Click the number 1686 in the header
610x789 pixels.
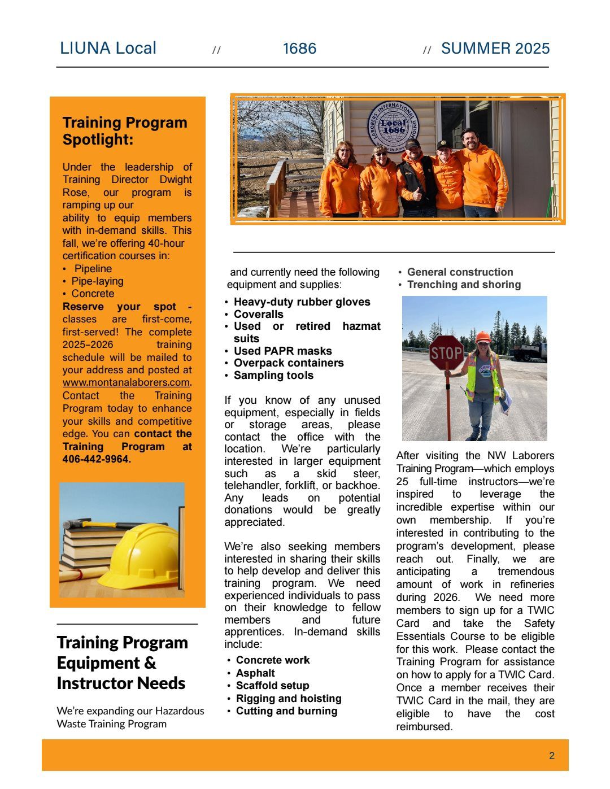click(x=299, y=49)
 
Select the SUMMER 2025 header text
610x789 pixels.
click(x=495, y=49)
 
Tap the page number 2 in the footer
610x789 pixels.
click(x=552, y=756)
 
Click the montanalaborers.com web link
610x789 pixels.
click(x=126, y=382)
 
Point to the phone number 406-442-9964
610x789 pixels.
click(x=97, y=459)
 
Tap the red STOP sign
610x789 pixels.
click(x=446, y=353)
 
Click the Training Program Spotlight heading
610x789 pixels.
click(x=124, y=130)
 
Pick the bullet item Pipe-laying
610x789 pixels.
click(x=97, y=281)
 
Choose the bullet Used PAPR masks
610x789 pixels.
click(x=282, y=351)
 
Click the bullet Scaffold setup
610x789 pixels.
click(x=272, y=686)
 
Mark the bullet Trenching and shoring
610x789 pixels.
click(x=464, y=285)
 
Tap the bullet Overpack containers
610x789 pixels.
click(x=289, y=363)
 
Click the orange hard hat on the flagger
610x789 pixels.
click(x=482, y=337)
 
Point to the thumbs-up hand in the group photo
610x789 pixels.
click(x=417, y=195)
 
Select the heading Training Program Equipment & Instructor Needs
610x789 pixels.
click(x=122, y=662)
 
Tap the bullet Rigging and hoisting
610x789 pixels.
click(x=288, y=699)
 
